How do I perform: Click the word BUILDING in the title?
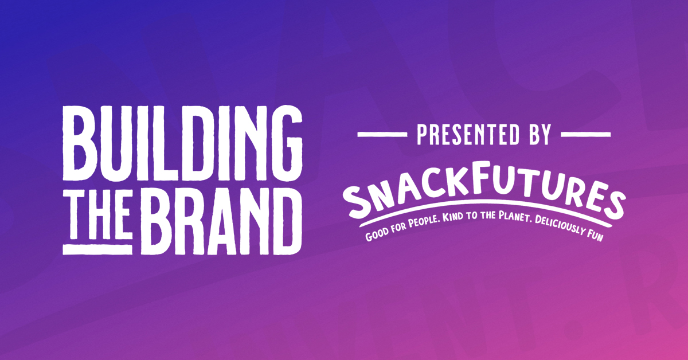(183, 143)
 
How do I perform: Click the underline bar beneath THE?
(97, 249)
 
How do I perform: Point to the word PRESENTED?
(468, 134)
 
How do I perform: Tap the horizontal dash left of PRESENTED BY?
(382, 134)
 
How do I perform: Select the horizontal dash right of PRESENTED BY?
(586, 134)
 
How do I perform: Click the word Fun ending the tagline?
(597, 236)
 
